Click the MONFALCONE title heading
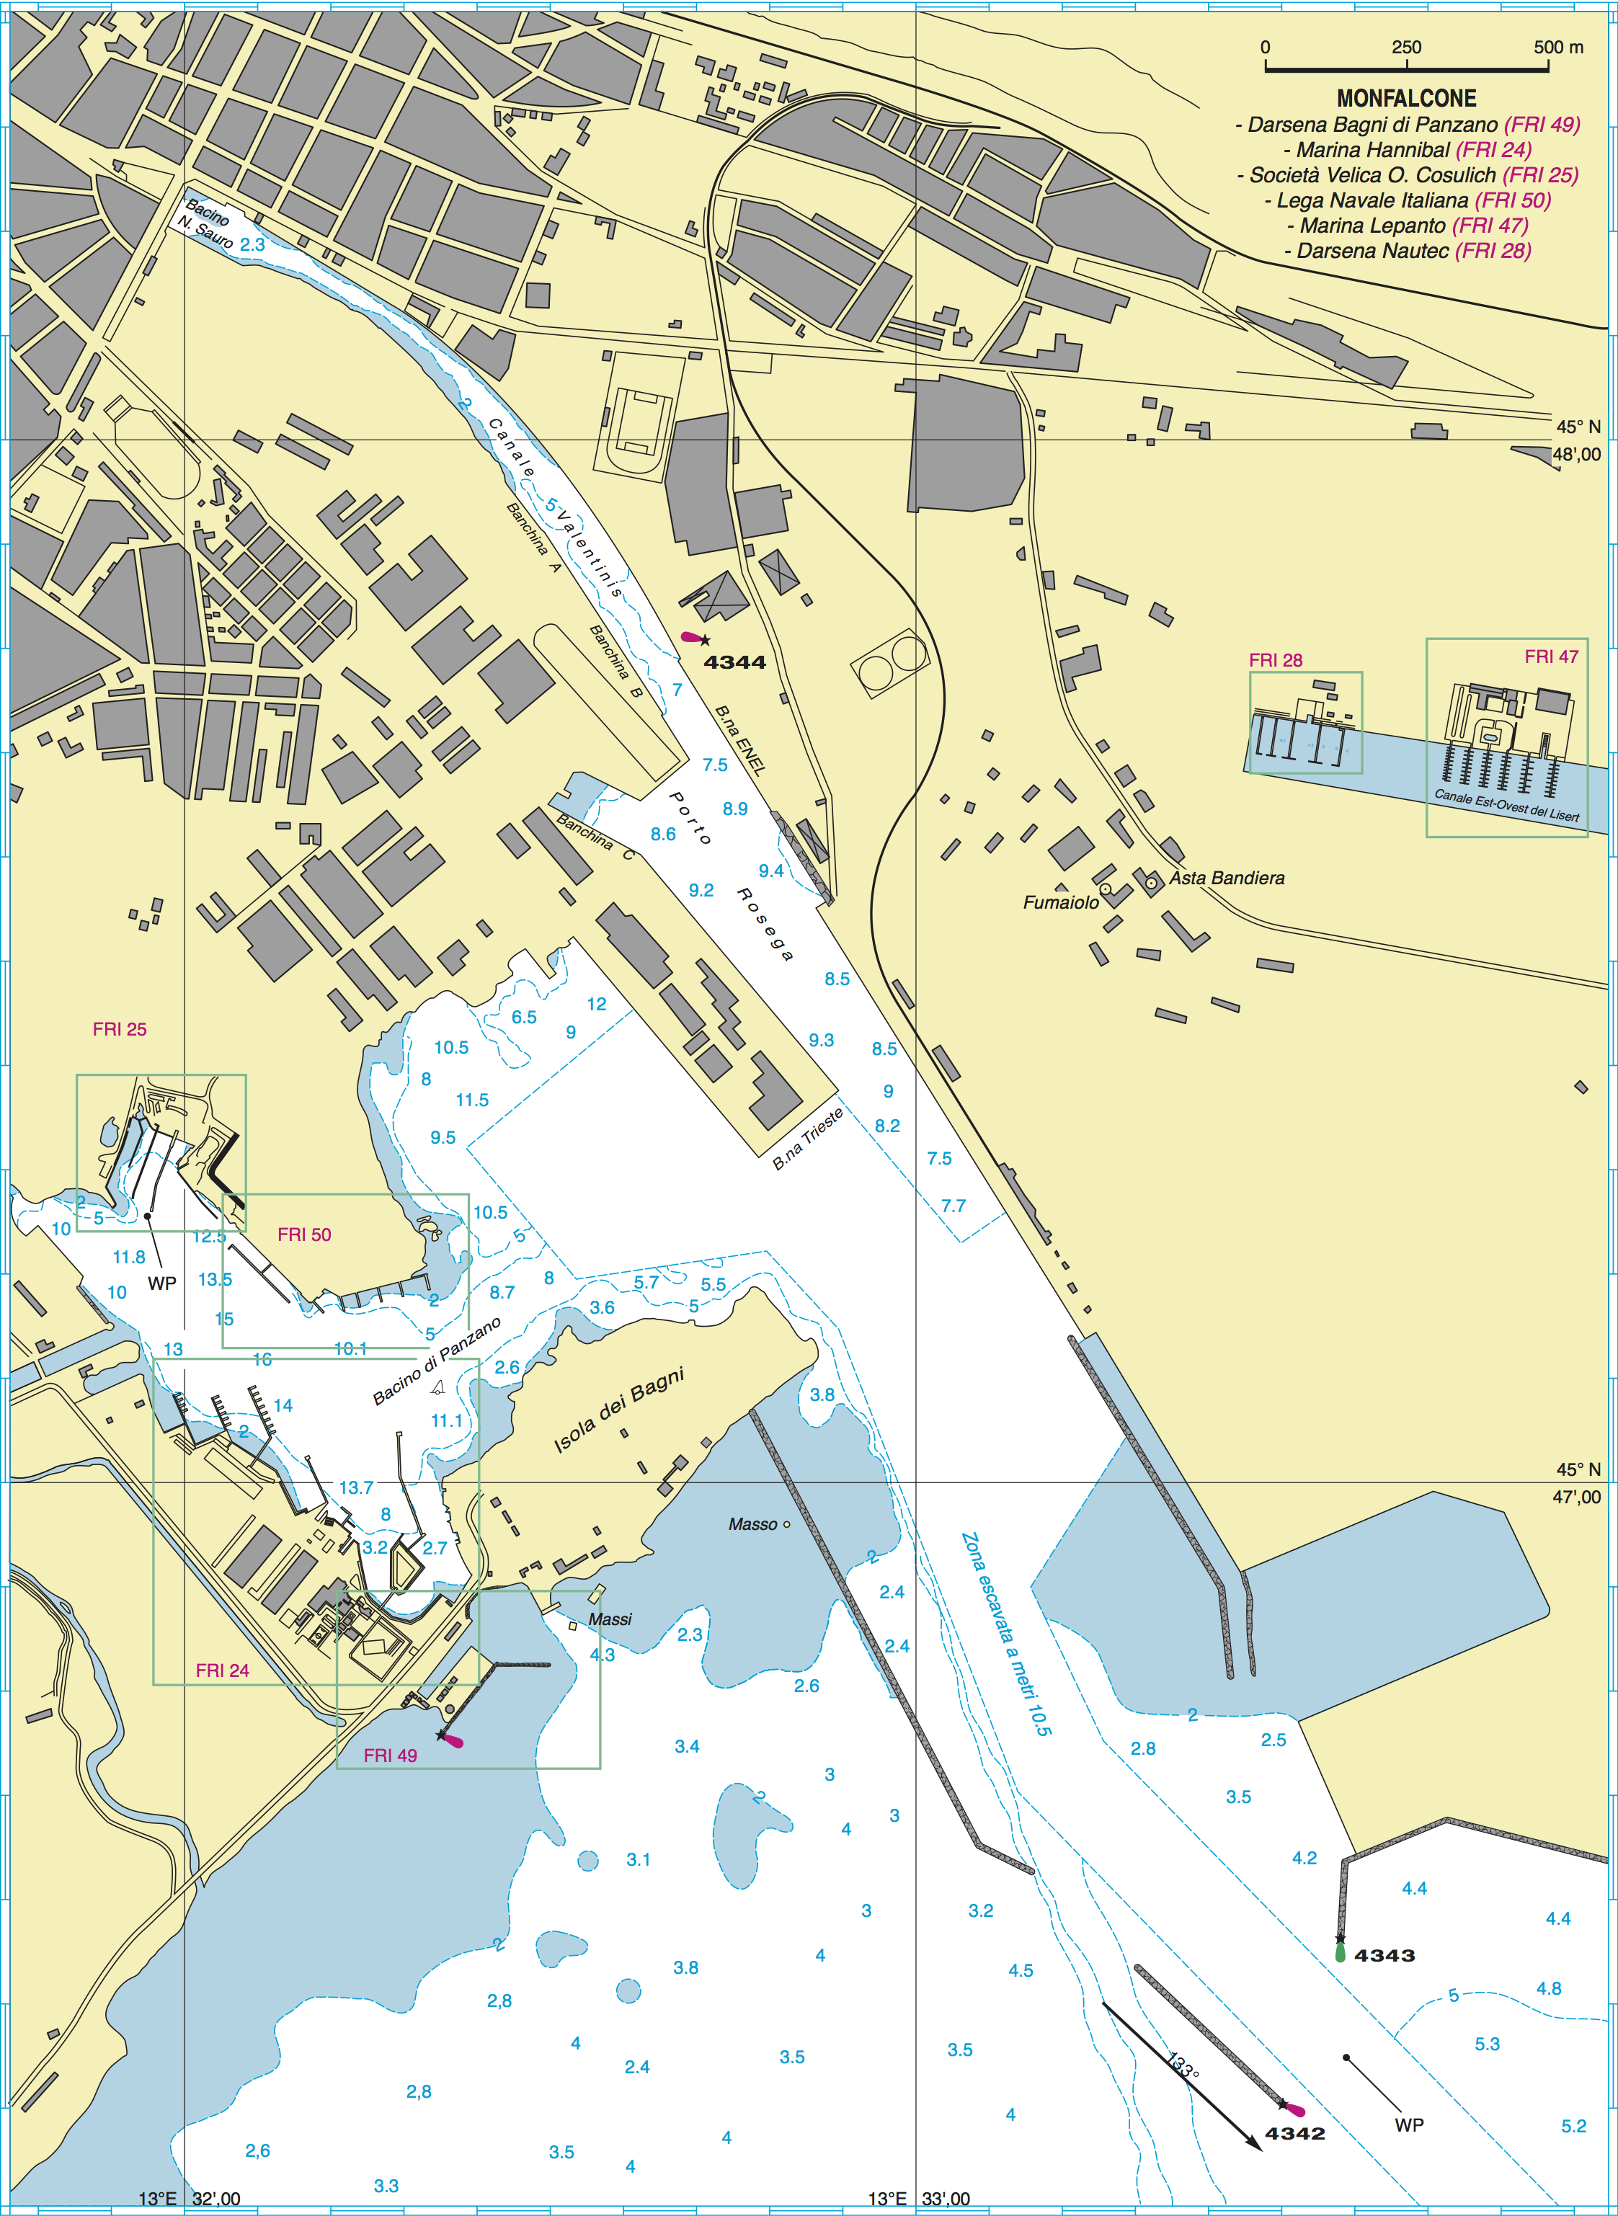[1406, 98]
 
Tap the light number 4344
[734, 663]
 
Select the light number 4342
[1295, 2134]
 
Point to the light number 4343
[1384, 1956]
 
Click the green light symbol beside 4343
[1340, 1952]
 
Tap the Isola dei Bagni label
[619, 1410]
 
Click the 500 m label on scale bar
[1558, 47]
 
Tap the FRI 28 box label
[1275, 661]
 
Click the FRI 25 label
[120, 1029]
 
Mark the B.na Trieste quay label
[807, 1140]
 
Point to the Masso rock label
[752, 1525]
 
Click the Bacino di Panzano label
[437, 1361]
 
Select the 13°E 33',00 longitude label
[919, 2199]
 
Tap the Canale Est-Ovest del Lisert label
[1506, 805]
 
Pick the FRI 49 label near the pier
[390, 1756]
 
